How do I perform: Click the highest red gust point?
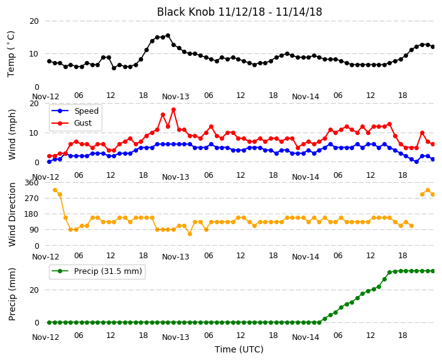click(174, 109)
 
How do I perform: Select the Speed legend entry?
click(75, 111)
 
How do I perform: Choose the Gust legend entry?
click(72, 123)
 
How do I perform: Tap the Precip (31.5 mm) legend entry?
click(97, 271)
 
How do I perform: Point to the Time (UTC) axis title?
click(239, 349)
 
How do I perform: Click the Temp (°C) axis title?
click(11, 54)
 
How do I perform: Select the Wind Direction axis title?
click(12, 214)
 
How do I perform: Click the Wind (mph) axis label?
click(12, 134)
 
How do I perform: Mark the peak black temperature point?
click(168, 36)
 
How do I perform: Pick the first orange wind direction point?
click(55, 190)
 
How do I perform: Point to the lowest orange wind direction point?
click(190, 234)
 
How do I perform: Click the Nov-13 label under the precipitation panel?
click(176, 337)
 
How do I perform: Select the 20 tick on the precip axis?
click(34, 290)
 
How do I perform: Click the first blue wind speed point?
click(50, 161)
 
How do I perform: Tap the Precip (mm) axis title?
click(12, 294)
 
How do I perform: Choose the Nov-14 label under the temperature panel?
click(306, 97)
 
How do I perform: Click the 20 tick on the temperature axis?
click(34, 21)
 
